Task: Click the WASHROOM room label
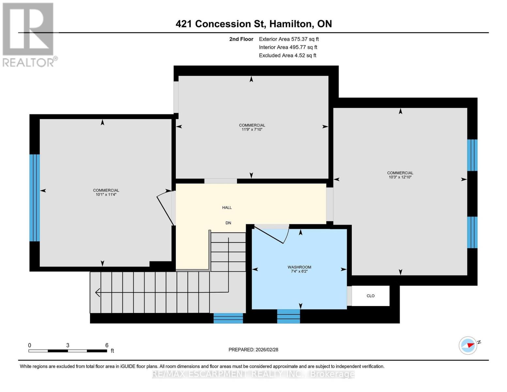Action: click(x=299, y=267)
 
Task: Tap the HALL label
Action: click(x=227, y=207)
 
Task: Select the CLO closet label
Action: click(x=370, y=296)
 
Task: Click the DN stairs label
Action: click(x=228, y=223)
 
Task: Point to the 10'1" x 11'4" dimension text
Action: click(x=106, y=195)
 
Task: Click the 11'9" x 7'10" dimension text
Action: click(x=252, y=130)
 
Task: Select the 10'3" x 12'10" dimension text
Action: click(x=400, y=177)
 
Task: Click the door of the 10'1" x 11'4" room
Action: click(x=165, y=208)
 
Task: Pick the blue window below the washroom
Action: click(x=288, y=316)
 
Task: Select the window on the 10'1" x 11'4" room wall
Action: click(x=34, y=198)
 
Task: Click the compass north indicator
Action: click(x=469, y=345)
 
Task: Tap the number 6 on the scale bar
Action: click(x=107, y=345)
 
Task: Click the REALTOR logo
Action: click(x=29, y=34)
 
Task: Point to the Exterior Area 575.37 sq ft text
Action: click(x=289, y=39)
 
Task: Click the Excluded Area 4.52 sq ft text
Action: click(x=287, y=56)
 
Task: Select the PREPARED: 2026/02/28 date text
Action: click(x=253, y=350)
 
